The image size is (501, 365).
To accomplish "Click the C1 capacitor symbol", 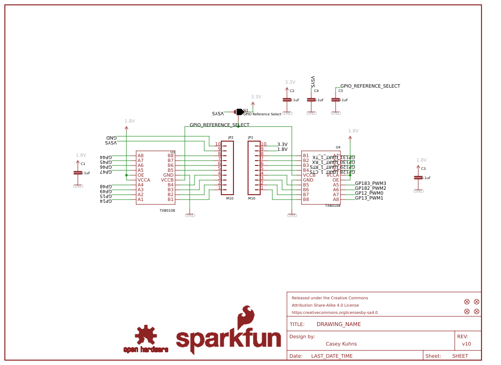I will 77,173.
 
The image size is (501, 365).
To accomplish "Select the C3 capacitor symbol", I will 418,178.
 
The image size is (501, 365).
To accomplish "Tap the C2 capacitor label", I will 292,91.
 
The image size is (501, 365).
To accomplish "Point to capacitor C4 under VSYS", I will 311,100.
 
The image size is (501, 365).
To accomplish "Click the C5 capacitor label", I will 340,91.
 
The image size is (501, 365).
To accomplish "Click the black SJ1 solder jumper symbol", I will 239,112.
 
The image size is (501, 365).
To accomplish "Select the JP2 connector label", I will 231,138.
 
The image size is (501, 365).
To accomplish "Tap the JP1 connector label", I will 250,138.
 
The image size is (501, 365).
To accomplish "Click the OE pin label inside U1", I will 141,175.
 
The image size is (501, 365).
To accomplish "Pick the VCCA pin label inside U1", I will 143,180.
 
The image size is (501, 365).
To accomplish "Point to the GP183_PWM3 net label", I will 370,183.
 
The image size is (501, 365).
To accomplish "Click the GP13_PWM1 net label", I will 369,198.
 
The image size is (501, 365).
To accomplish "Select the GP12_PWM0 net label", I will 369,193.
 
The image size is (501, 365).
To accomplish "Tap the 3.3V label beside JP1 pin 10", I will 282,145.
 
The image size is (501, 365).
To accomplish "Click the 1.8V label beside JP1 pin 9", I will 282,149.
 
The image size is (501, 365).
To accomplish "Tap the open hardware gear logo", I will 145,335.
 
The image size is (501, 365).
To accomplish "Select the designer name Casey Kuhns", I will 341,344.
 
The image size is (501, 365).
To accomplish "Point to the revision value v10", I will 466,344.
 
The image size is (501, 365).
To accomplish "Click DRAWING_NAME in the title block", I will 339,325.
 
